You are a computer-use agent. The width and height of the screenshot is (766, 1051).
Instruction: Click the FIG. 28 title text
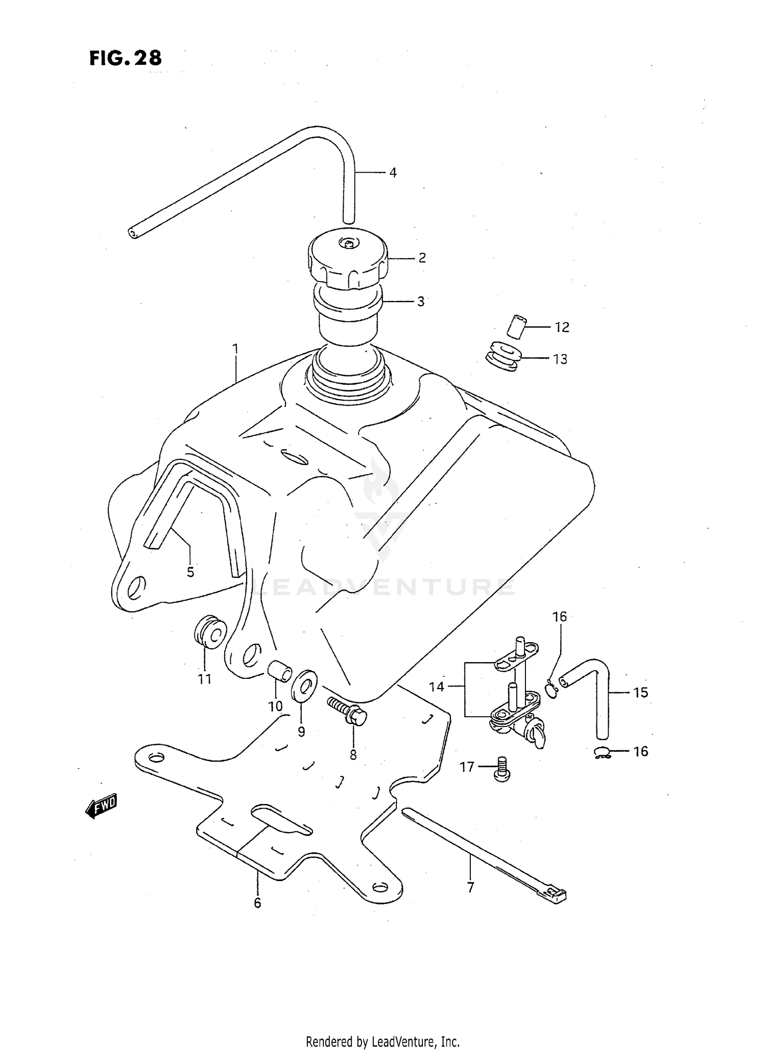coord(126,58)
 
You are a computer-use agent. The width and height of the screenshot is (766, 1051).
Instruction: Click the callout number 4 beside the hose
coord(392,173)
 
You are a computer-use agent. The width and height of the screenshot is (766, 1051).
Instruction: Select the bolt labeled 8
coord(347,710)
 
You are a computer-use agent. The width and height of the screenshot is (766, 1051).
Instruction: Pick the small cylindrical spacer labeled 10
coord(279,670)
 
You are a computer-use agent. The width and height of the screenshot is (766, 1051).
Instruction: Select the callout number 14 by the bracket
coord(437,687)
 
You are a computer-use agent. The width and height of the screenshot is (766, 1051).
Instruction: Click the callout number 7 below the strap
coord(470,887)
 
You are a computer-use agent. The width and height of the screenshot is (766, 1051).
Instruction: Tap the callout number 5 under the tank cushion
coord(190,572)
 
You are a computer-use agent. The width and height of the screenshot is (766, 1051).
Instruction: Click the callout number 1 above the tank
coord(235,349)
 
